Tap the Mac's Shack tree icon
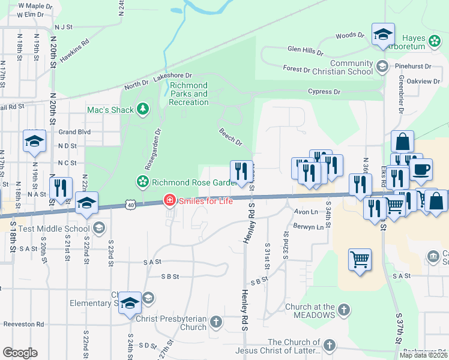(x=143, y=109)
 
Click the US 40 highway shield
(x=131, y=205)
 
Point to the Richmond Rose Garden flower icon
(x=143, y=181)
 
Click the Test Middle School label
(x=54, y=228)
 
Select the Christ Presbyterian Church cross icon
(x=216, y=323)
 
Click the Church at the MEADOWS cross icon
(x=343, y=310)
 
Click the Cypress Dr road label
(x=324, y=92)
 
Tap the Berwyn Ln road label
(x=309, y=227)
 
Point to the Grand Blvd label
(x=74, y=132)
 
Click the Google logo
(x=20, y=353)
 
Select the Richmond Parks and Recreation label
(x=188, y=94)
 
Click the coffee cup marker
(x=420, y=170)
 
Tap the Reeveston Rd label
(x=24, y=324)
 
